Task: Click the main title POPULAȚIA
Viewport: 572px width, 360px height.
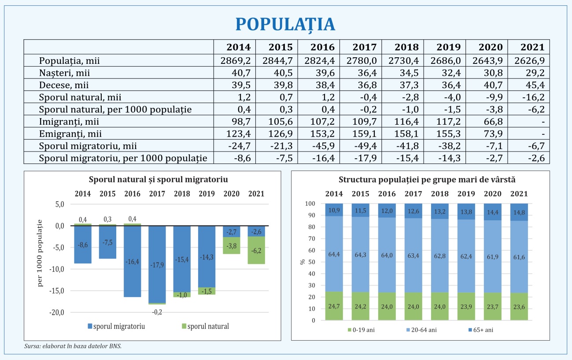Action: click(x=285, y=25)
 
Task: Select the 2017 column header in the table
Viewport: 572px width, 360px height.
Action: click(x=365, y=47)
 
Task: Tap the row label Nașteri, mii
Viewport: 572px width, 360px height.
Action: click(x=64, y=73)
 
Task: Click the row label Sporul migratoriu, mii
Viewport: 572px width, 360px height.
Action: click(x=88, y=146)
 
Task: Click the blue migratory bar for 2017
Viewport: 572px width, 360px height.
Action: click(x=157, y=264)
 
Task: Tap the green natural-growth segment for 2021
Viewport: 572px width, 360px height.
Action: click(x=256, y=250)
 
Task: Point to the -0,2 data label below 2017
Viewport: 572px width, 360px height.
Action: click(x=157, y=312)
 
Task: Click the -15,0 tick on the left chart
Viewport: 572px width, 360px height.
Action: click(x=57, y=291)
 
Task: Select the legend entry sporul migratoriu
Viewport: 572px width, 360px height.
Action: click(x=116, y=326)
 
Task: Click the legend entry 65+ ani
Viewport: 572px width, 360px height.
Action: click(x=481, y=330)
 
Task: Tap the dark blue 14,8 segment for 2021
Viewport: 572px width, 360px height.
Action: click(x=519, y=212)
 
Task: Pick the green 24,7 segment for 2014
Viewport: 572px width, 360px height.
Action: click(x=334, y=306)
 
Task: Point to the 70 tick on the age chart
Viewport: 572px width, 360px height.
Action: click(x=312, y=239)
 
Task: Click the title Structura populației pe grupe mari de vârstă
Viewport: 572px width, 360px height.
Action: click(x=427, y=180)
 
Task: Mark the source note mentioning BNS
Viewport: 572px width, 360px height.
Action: click(x=73, y=346)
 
